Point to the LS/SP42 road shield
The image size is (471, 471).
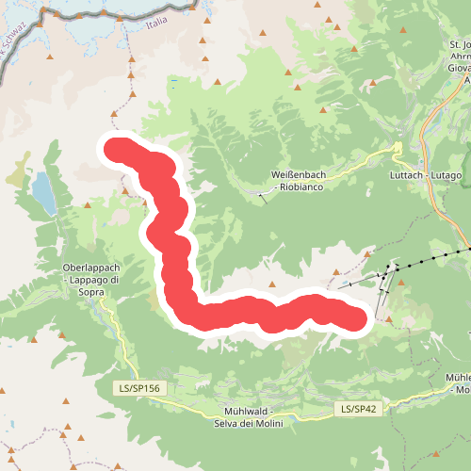tap(358, 409)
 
